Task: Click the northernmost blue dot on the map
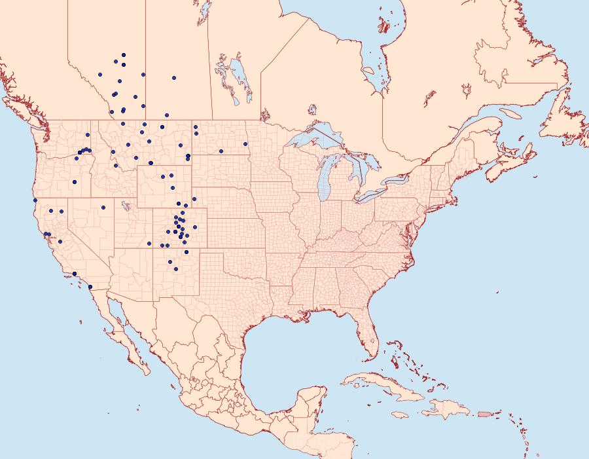(x=123, y=55)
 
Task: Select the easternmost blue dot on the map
(x=245, y=144)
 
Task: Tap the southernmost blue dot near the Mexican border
(x=90, y=287)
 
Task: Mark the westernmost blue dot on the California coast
(x=35, y=200)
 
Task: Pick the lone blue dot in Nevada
(x=103, y=208)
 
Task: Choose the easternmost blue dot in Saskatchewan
(x=174, y=78)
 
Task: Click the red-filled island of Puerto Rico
(x=484, y=413)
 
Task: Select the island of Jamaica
(x=402, y=415)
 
